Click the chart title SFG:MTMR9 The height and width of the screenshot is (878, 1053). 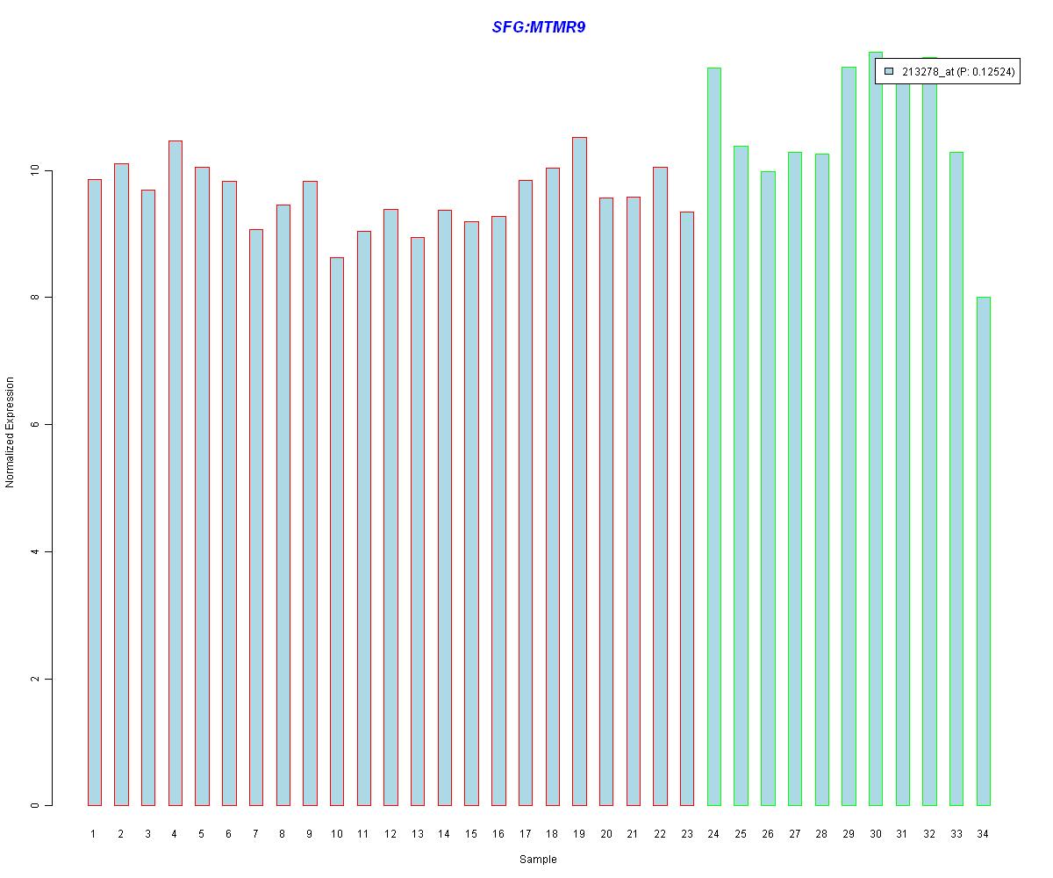538,27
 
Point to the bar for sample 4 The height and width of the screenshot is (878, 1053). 175,473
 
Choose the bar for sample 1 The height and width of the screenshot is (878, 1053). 94,493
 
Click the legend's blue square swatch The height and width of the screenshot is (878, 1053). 889,72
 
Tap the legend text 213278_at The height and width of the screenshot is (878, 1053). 928,72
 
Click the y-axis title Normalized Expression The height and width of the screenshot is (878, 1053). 10,432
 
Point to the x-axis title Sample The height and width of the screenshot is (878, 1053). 538,860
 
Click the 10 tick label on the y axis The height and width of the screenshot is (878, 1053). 35,170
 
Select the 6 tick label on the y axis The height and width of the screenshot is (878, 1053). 35,425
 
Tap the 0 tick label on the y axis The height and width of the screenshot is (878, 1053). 35,806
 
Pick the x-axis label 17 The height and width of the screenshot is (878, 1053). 525,834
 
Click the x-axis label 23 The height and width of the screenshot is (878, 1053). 686,834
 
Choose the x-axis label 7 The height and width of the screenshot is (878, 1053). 255,834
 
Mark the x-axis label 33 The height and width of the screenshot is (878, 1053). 956,834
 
